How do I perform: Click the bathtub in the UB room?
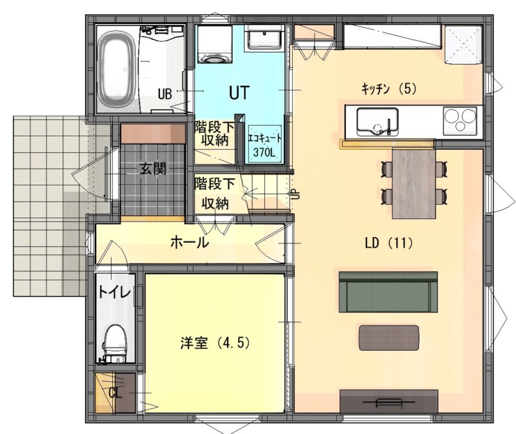[x=117, y=70]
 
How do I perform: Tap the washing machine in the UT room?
[x=215, y=45]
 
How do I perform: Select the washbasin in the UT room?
[x=264, y=38]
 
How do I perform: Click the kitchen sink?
[x=377, y=121]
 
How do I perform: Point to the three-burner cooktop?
[x=460, y=121]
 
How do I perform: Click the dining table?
[x=413, y=183]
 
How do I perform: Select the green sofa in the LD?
[x=388, y=292]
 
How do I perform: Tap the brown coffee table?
[x=389, y=338]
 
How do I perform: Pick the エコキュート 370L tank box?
[x=264, y=144]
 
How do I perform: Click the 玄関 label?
[x=153, y=169]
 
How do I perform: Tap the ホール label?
[x=189, y=243]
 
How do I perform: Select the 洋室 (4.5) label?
[x=215, y=343]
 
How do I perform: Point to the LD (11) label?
[x=389, y=243]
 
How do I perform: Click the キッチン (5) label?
[x=389, y=88]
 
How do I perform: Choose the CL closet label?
[x=115, y=393]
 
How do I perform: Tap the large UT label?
[x=239, y=92]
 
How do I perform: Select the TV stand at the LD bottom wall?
[x=389, y=401]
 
